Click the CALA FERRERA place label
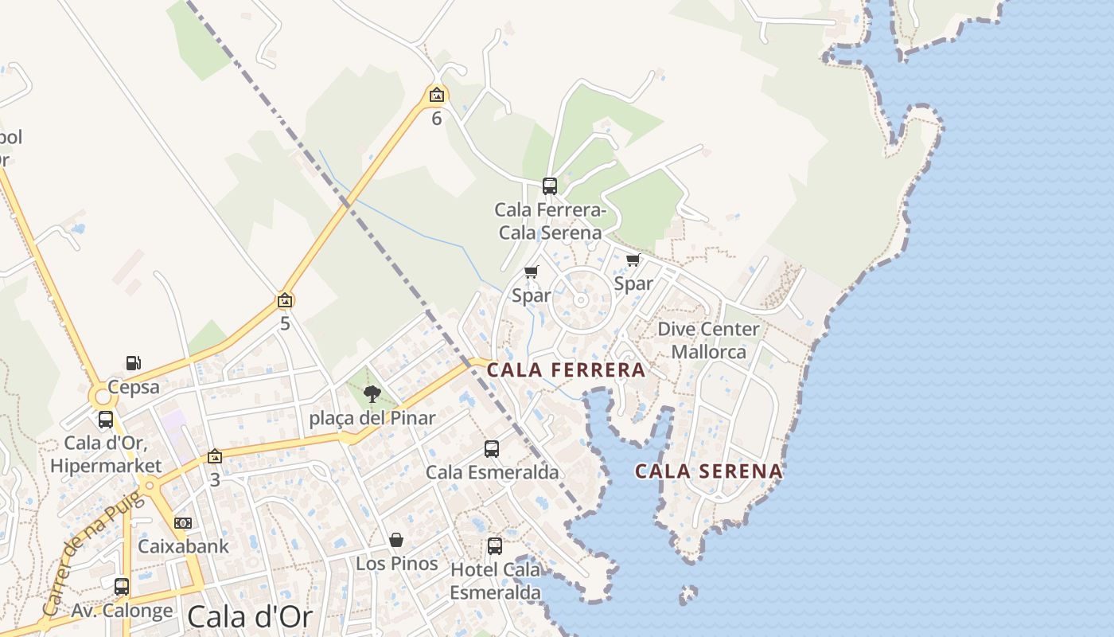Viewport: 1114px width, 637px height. (x=566, y=370)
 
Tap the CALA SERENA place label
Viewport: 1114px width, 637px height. (x=708, y=471)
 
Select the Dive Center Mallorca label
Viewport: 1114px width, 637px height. (x=708, y=340)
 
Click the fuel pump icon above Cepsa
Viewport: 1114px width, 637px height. (x=134, y=364)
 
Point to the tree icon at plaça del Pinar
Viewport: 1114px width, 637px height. (x=372, y=393)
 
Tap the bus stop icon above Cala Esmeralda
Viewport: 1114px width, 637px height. (x=492, y=449)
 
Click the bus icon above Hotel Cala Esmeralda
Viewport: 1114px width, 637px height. (x=495, y=546)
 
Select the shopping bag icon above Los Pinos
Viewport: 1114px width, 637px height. (x=396, y=541)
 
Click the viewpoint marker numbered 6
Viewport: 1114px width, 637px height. (x=436, y=96)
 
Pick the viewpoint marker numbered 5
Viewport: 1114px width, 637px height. (x=285, y=300)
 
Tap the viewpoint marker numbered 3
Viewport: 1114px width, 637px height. (x=214, y=457)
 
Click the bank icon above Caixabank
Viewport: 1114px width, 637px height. (x=183, y=523)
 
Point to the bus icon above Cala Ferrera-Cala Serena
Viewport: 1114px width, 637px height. (x=549, y=186)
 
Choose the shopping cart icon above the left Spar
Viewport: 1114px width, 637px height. (x=532, y=272)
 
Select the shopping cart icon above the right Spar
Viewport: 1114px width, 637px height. (x=633, y=260)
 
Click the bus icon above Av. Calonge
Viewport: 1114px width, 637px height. (x=122, y=587)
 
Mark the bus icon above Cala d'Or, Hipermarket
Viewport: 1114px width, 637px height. (x=106, y=420)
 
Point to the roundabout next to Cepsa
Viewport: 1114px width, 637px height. (x=101, y=397)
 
